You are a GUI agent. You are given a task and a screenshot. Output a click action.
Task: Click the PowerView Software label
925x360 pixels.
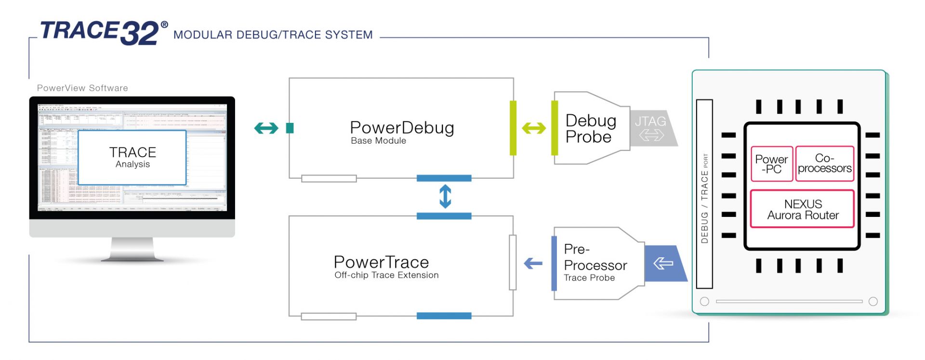[x=82, y=88]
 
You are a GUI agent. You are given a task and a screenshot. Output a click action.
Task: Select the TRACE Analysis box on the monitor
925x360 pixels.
[x=132, y=158]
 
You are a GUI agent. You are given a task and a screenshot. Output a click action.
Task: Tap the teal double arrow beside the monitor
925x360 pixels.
[x=266, y=128]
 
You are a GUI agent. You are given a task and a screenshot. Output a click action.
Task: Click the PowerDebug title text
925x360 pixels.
[x=402, y=128]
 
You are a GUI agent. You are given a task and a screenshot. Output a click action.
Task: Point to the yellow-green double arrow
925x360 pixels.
[x=534, y=128]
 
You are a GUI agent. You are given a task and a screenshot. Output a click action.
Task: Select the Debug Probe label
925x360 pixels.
[x=590, y=129]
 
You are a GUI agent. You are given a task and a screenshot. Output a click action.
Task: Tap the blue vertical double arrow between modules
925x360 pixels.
[x=445, y=197]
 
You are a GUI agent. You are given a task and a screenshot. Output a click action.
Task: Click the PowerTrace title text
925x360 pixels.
[x=381, y=263]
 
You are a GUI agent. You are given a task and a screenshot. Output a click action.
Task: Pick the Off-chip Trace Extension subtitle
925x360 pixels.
[x=386, y=275]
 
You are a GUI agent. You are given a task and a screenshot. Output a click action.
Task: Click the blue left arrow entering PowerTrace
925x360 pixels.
[x=533, y=264]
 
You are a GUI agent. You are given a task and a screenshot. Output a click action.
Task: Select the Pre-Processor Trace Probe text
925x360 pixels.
[x=595, y=263]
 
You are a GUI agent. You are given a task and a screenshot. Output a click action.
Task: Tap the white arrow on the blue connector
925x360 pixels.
[x=663, y=264]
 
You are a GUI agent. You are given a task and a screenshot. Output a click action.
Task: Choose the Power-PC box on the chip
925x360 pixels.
[x=771, y=164]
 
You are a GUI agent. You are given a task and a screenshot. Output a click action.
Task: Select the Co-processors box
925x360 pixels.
[x=824, y=164]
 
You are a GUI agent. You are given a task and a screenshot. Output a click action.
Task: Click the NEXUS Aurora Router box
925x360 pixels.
[x=802, y=210]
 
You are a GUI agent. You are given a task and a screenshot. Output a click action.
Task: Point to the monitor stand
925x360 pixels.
[x=132, y=250]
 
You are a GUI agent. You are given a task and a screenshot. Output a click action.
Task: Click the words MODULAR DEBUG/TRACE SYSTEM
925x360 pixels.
[x=273, y=35]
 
